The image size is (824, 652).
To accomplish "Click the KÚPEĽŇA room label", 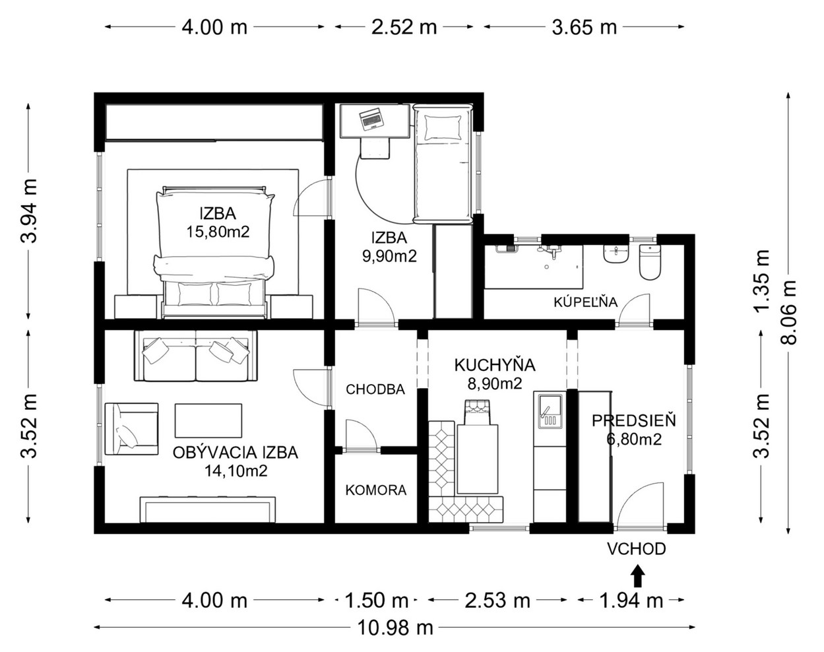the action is (x=585, y=302).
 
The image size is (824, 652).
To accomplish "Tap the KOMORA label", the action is (x=375, y=490).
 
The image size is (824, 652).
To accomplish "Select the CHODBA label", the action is (x=375, y=389).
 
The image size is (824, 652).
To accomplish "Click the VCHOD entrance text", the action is (x=637, y=549).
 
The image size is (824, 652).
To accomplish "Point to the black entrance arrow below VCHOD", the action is (x=637, y=576).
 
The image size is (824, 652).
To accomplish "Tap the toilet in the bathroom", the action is (x=650, y=262).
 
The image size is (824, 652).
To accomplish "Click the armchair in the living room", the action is (x=132, y=429).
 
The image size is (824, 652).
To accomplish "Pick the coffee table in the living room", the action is (x=208, y=420).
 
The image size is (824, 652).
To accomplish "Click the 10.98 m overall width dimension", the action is (x=395, y=628).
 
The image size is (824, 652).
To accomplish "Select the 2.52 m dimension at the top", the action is (x=404, y=27).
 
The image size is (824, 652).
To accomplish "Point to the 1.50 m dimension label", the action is (x=377, y=601).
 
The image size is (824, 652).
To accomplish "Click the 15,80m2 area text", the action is (x=218, y=232).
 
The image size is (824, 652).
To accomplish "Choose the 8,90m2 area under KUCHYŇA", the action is (x=495, y=383).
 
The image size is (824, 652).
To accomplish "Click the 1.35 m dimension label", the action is (x=761, y=281).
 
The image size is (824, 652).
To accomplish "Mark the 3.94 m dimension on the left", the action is (x=29, y=211).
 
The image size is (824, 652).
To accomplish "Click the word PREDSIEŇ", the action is (x=634, y=420).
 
